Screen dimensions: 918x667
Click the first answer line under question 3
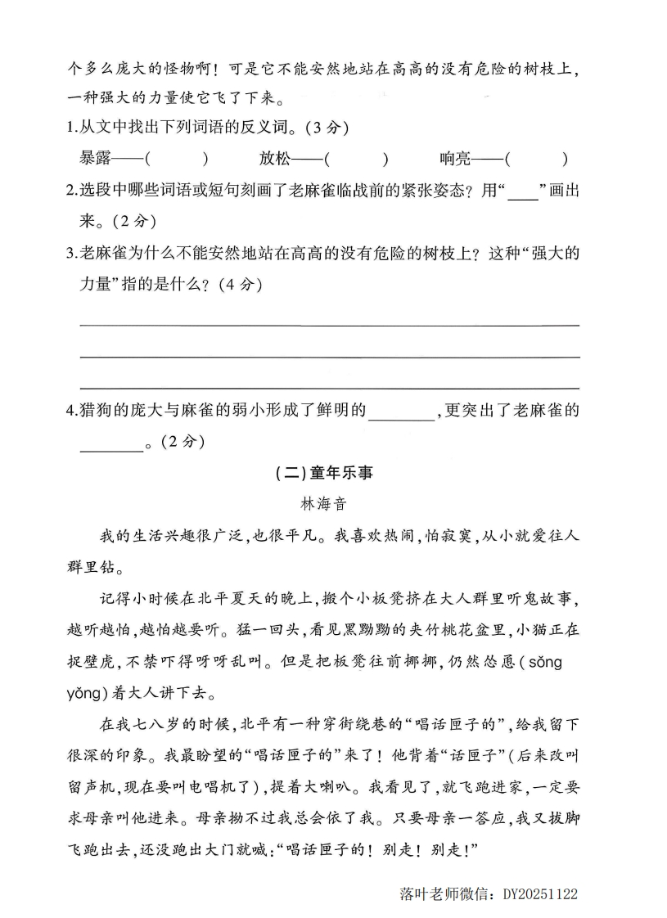tap(329, 325)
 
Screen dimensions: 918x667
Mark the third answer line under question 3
tap(329, 388)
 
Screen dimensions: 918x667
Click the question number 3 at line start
tap(71, 254)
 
